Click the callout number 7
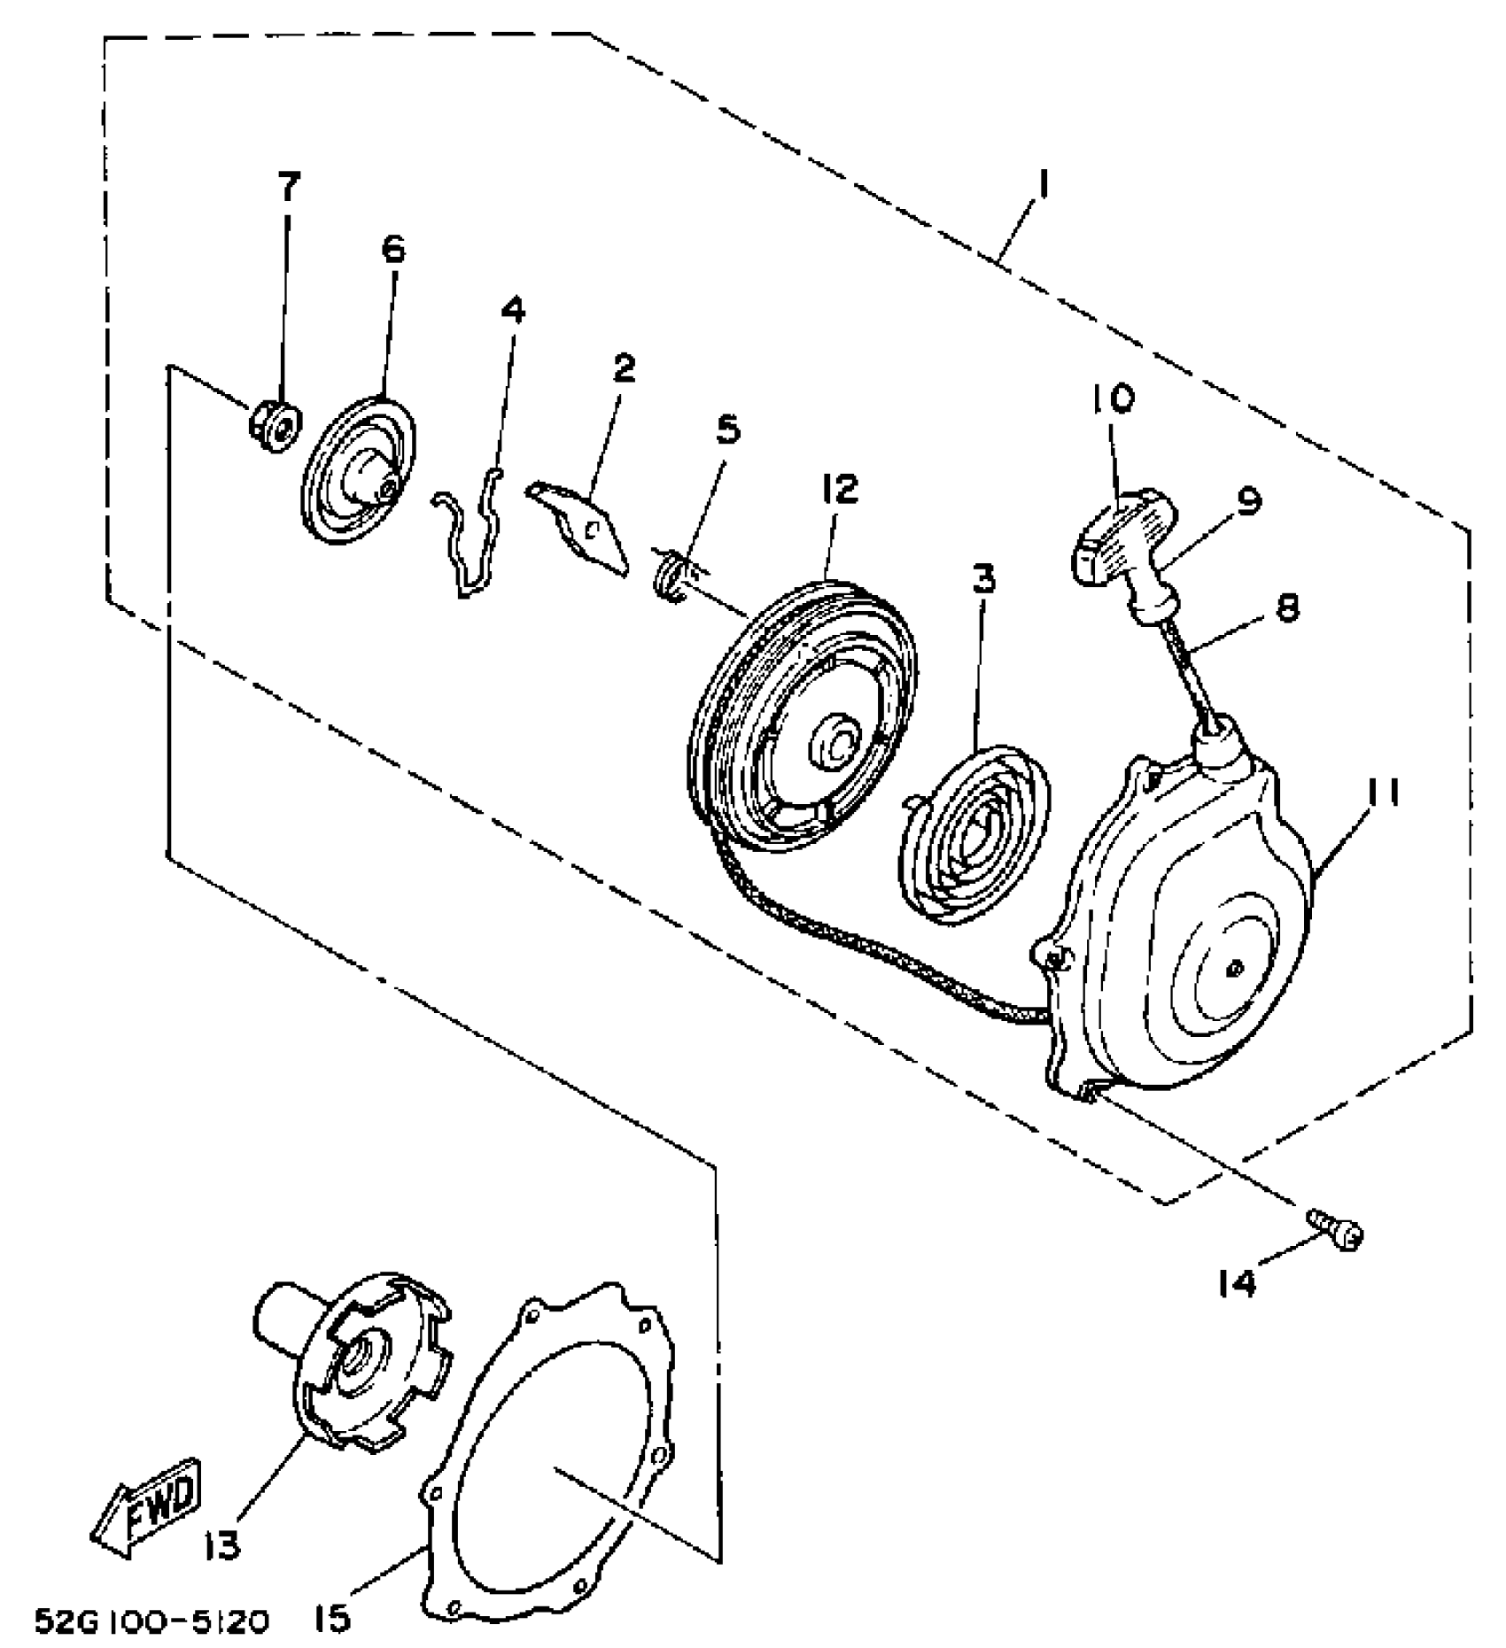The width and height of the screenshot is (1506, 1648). point(289,188)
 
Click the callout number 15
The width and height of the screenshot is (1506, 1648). point(331,1619)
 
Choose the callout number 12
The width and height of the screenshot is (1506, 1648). point(840,488)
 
